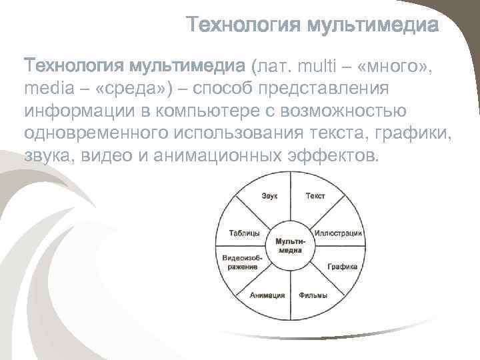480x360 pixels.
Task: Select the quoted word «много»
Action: pyautogui.click(x=397, y=67)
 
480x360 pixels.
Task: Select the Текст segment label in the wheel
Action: pyautogui.click(x=315, y=196)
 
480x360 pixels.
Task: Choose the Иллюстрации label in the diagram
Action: pyautogui.click(x=339, y=233)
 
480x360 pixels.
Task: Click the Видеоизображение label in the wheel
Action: pyautogui.click(x=242, y=262)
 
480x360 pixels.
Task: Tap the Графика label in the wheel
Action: pyautogui.click(x=342, y=266)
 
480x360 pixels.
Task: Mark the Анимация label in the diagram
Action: pyautogui.click(x=267, y=295)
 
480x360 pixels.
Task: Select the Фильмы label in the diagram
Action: pyautogui.click(x=312, y=295)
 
